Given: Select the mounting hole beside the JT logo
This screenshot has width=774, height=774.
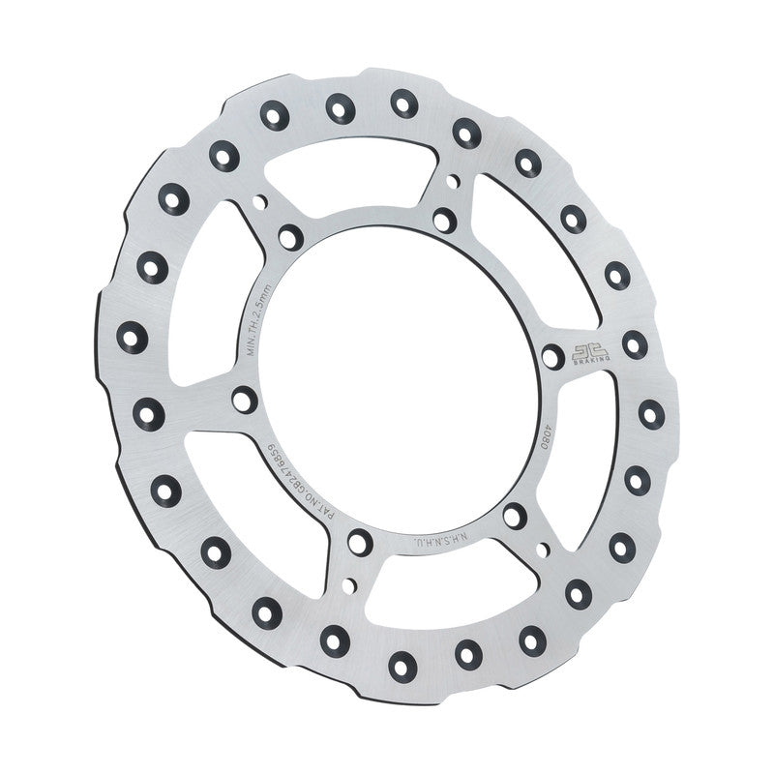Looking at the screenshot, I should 552,357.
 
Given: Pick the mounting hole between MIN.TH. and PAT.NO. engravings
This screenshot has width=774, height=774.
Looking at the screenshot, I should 245,398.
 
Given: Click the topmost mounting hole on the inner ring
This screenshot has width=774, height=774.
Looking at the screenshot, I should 443,220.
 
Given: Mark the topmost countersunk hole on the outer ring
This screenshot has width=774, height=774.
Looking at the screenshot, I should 402,101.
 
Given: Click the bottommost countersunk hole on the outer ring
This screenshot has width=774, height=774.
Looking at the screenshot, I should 399,664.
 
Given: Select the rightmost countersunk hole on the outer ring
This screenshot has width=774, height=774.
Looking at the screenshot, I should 651,414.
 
